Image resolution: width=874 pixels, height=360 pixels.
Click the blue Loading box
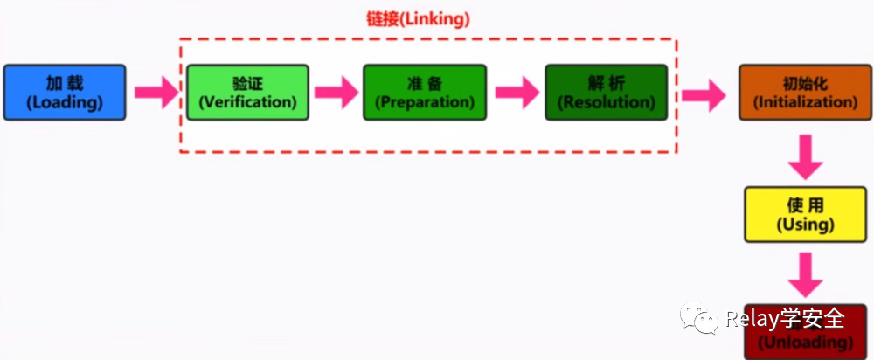click(65, 93)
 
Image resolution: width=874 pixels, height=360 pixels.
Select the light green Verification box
click(247, 93)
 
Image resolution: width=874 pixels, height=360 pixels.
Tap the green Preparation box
click(425, 93)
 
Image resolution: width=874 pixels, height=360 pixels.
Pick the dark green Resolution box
click(606, 93)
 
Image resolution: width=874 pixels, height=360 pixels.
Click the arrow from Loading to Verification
click(156, 93)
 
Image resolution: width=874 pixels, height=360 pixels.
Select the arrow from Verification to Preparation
click(336, 93)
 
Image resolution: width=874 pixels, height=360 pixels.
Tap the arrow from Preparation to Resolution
click(517, 93)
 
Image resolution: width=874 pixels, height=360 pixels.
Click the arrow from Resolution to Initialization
click(704, 93)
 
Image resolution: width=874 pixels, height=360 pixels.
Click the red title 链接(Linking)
click(418, 19)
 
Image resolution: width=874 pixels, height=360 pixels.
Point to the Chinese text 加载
click(65, 84)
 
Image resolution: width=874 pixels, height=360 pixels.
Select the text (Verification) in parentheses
click(247, 102)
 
